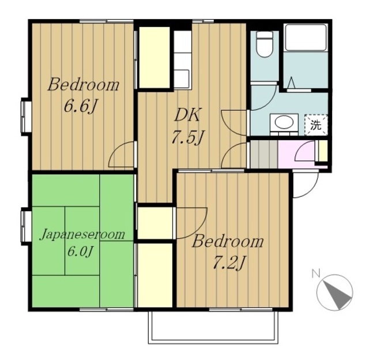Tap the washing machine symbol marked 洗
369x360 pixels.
point(316,125)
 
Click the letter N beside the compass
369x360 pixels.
point(316,274)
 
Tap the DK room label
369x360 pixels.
point(187,115)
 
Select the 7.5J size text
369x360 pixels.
point(187,137)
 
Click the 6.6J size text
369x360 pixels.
point(81,106)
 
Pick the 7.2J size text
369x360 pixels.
point(229,263)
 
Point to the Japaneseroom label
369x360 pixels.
point(82,234)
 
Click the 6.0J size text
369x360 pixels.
point(81,252)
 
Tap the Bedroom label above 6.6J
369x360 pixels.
point(83,85)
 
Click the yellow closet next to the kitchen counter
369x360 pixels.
point(155,58)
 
